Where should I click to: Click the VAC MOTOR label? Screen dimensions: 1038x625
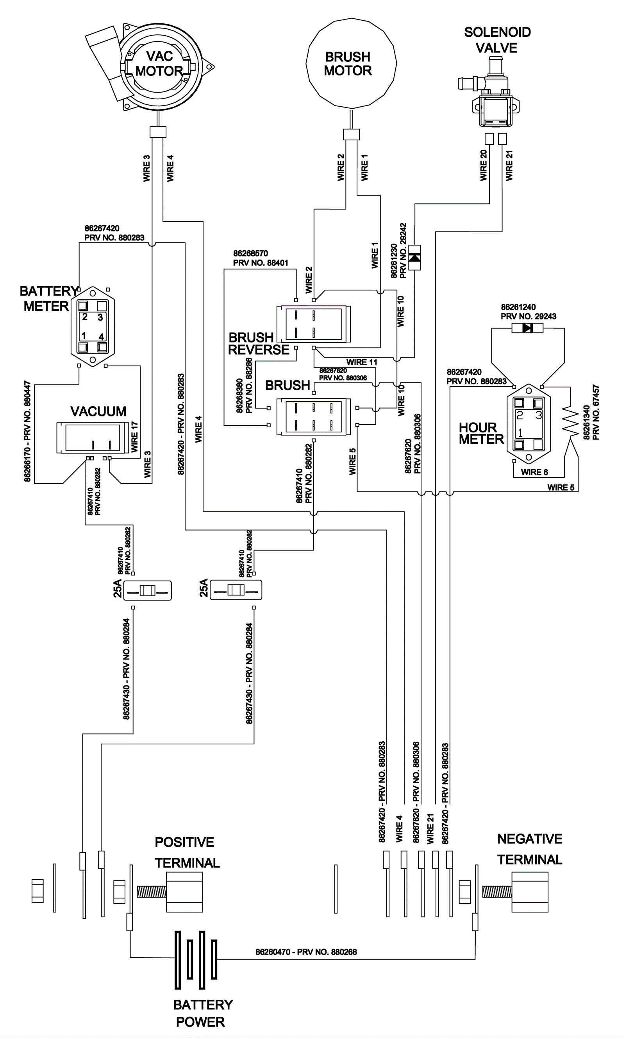159,64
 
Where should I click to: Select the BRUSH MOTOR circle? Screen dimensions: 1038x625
351,63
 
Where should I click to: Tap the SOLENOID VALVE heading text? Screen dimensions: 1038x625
497,40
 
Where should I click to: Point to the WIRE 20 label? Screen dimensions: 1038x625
484,165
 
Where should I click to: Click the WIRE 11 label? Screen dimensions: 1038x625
362,362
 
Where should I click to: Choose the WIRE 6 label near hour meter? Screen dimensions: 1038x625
534,472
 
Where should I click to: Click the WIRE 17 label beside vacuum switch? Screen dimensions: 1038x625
135,437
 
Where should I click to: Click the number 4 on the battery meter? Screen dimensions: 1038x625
102,337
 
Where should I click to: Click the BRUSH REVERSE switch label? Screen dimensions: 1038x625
257,344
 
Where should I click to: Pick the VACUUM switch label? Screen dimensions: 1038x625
98,412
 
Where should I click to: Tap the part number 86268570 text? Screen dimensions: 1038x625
250,254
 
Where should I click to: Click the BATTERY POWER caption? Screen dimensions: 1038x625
202,1013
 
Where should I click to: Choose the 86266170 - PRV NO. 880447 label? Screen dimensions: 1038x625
28,431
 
